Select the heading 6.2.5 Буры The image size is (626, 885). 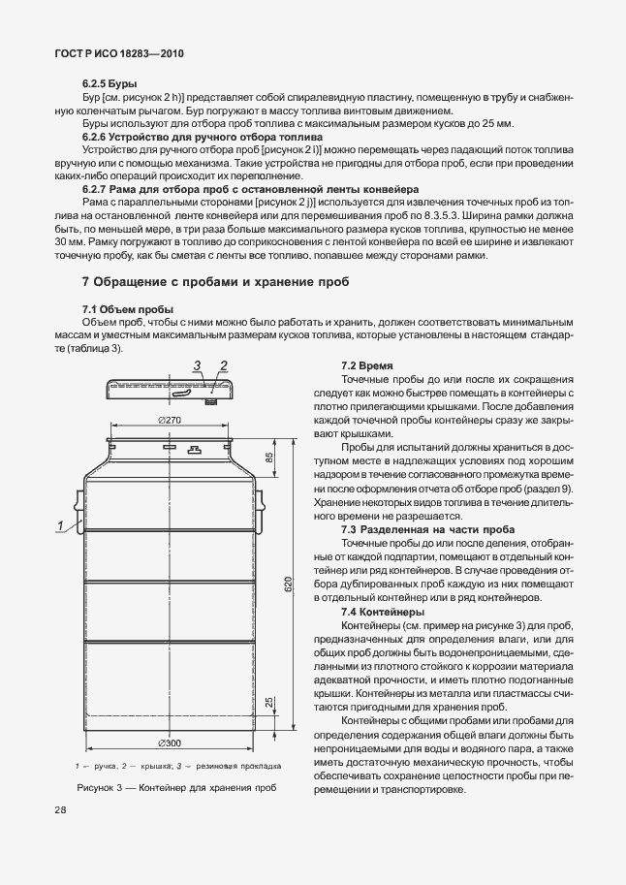click(x=110, y=85)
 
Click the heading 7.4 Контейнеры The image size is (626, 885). click(x=382, y=613)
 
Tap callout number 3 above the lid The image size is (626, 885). click(x=196, y=364)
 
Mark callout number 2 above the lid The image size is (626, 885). click(x=223, y=364)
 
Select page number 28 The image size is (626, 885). click(x=61, y=808)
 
